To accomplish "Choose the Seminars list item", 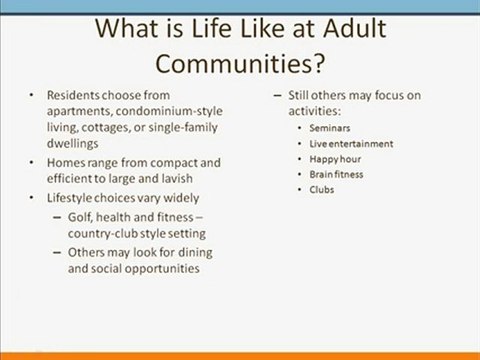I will click(330, 129).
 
